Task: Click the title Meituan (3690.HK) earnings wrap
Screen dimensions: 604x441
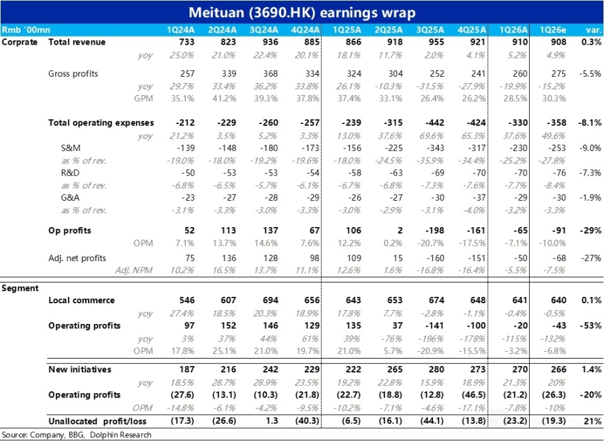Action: pos(302,13)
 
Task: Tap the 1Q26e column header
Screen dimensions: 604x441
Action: pos(552,30)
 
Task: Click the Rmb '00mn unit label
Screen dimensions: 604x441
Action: pos(26,30)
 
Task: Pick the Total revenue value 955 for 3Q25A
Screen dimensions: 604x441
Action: pos(436,42)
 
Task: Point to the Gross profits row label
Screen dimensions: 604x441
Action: pos(73,74)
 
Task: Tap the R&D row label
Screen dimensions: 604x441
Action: pos(70,173)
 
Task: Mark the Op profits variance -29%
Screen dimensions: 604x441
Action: pos(590,230)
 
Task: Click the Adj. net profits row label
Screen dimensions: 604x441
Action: pos(77,258)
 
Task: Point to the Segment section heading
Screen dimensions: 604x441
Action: pos(20,288)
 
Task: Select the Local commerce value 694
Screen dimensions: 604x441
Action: pos(270,301)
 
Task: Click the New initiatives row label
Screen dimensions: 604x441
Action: pos(80,369)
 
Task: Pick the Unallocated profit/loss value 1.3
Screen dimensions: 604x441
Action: pos(272,421)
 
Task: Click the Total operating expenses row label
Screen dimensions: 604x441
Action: pos(101,123)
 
